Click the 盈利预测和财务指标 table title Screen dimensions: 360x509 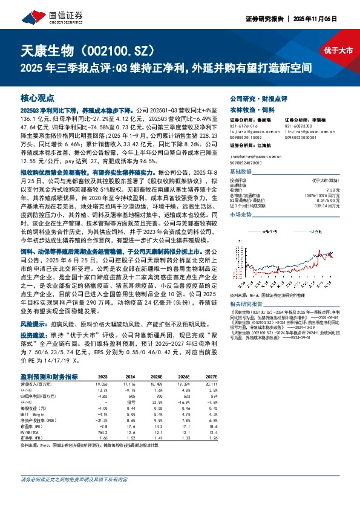(48, 375)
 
